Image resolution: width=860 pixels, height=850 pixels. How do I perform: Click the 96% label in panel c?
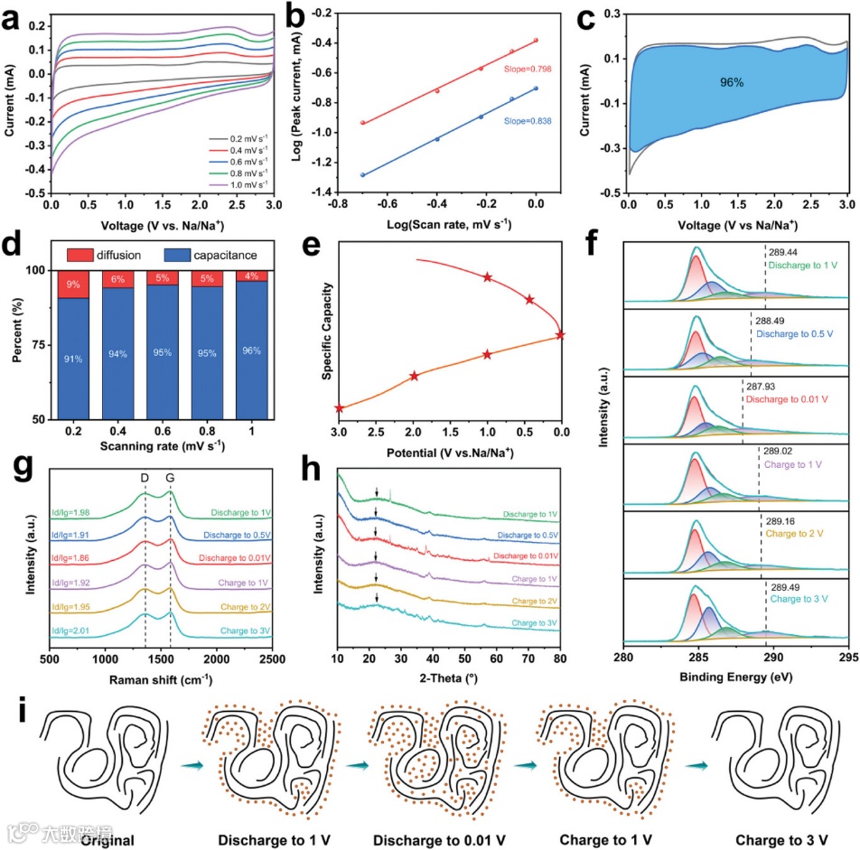tap(732, 82)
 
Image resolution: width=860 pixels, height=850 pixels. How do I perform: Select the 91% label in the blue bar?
tap(73, 359)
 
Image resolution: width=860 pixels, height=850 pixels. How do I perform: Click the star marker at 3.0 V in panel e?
tap(340, 408)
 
